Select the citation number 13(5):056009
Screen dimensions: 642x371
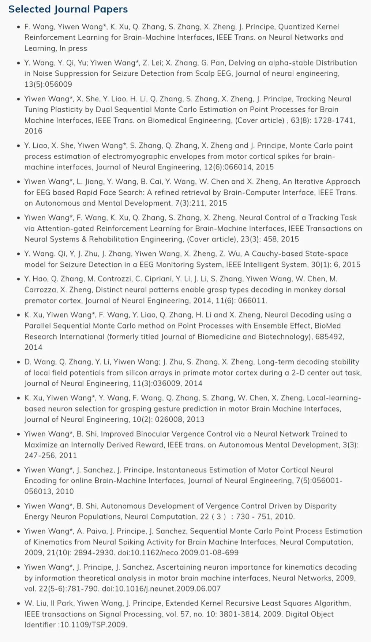(x=48, y=84)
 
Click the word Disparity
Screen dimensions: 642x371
(x=319, y=506)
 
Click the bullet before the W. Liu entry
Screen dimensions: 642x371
(x=18, y=604)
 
